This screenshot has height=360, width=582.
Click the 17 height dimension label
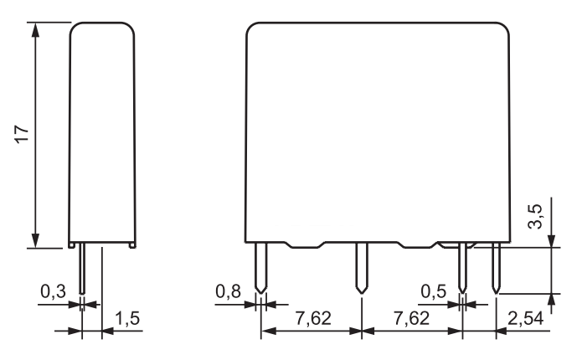[22, 134]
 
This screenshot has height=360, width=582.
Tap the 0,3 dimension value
[53, 291]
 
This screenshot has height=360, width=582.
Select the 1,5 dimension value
[127, 318]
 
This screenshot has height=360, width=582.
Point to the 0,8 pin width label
[229, 291]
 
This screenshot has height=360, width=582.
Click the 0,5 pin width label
[433, 291]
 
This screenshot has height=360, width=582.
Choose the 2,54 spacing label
[525, 318]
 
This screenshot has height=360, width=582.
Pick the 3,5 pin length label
[535, 216]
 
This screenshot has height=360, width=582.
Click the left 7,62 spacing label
[313, 318]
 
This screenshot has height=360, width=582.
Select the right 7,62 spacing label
[411, 318]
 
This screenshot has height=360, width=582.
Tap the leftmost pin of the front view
[261, 268]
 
